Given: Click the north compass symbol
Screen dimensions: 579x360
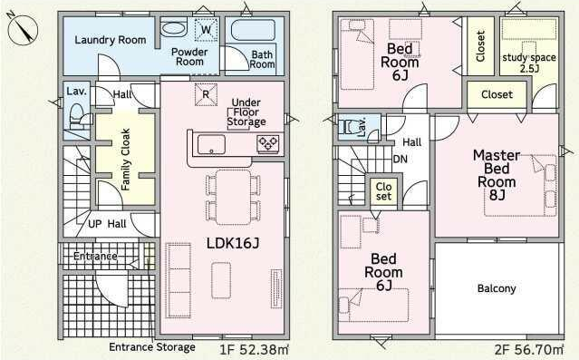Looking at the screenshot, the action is tap(23, 29).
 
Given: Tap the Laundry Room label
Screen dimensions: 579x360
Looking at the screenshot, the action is tap(111, 40).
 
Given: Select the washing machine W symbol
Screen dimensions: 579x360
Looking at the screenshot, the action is tap(206, 30).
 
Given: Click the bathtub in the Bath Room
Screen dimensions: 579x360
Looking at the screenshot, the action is tap(254, 30).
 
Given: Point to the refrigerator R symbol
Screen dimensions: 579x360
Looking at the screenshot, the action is tap(206, 94).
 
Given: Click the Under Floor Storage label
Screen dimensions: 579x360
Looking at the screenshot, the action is tap(246, 112).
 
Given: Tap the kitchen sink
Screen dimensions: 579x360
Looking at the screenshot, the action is tap(211, 144).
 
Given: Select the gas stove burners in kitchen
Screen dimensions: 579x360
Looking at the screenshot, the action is tap(268, 144).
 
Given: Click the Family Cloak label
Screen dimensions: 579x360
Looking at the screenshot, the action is tap(126, 160).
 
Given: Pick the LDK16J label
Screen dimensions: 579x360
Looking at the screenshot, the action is tap(233, 243).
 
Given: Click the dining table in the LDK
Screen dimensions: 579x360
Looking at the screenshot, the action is tap(233, 197).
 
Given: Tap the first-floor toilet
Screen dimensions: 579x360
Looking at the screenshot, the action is tap(79, 116).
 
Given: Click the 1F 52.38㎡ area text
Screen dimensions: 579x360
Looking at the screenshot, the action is tap(255, 349).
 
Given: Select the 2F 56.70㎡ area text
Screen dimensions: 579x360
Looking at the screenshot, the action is tap(529, 349).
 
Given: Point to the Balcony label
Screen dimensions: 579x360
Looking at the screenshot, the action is tap(497, 288).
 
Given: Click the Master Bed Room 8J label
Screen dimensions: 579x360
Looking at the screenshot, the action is tap(497, 175).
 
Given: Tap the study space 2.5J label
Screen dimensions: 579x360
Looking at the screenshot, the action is tap(529, 63).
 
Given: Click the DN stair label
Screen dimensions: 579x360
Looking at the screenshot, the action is tap(400, 160).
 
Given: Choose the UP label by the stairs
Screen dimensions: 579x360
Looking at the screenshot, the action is tap(94, 224).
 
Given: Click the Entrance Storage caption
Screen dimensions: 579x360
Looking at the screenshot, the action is tap(152, 347).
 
